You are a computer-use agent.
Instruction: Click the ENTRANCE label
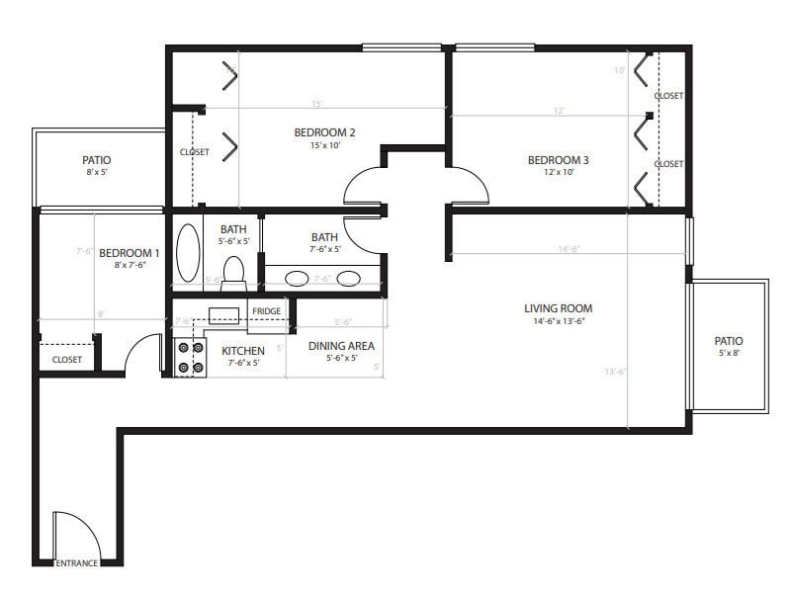coord(77,563)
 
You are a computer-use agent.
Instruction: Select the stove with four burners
coord(190,358)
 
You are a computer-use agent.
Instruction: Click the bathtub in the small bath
coord(187,254)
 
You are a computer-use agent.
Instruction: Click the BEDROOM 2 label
coord(324,132)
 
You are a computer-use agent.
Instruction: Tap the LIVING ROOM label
coord(558,308)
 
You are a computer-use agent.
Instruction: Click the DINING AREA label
coord(341,346)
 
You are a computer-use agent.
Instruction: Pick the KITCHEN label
coord(242,351)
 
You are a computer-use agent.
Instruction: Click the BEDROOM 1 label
coord(129,252)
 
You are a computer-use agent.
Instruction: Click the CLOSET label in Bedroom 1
coord(67,360)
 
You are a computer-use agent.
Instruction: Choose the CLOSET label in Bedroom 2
coord(194,152)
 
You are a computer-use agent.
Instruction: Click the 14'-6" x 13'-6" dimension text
coord(558,322)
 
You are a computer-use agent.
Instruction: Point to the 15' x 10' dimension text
coord(324,146)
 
